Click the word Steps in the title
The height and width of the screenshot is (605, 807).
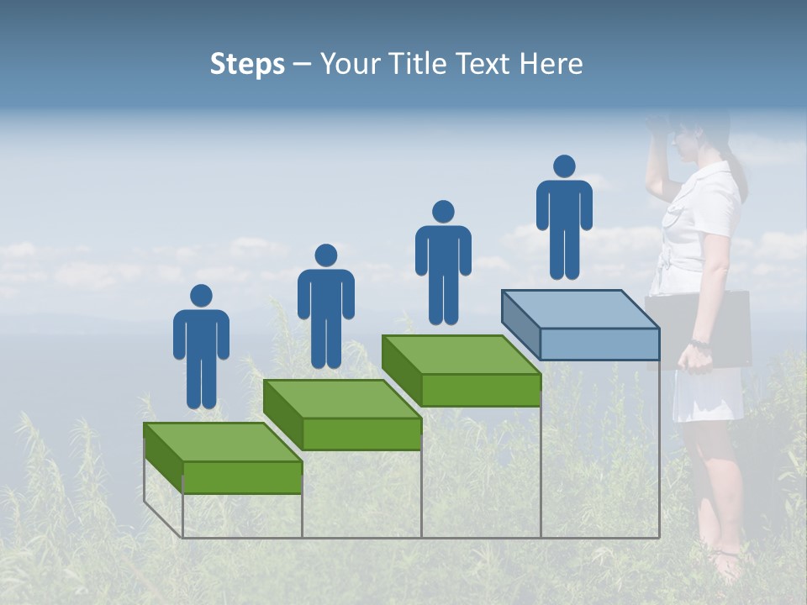pos(247,65)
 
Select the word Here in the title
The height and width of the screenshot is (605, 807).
pos(551,65)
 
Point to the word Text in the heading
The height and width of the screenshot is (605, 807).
pos(485,65)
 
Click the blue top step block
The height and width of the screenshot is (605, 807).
pos(580,324)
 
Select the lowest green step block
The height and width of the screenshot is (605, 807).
pos(223,458)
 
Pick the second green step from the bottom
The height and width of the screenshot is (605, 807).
pos(342,413)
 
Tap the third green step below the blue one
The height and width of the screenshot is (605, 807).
pos(461,370)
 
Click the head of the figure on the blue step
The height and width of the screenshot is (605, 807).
pos(564,166)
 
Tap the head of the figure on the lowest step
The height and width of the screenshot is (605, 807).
pos(201,296)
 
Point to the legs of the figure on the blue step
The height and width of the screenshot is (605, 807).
pos(564,252)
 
